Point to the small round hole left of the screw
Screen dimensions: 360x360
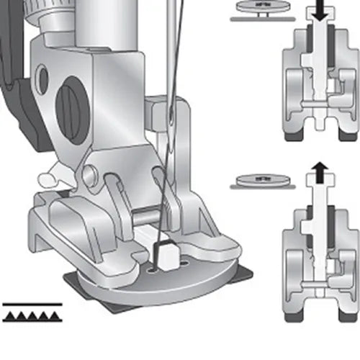click(42, 78)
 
